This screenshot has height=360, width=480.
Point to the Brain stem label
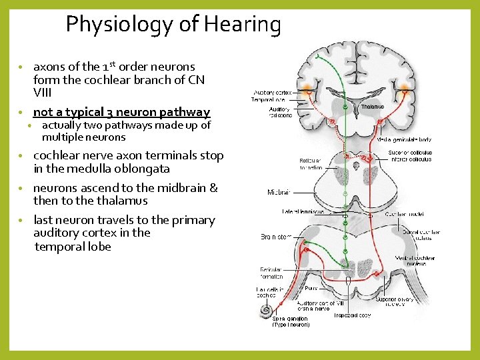[275, 237]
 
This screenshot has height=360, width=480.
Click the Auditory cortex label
[271, 93]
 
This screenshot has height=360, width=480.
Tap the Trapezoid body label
[352, 315]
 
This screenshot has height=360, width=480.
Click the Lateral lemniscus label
[303, 212]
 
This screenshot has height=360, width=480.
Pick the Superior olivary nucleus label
[394, 302]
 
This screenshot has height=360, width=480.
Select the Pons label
[311, 289]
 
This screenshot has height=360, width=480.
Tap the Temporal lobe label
[267, 100]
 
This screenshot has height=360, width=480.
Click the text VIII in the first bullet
[43, 92]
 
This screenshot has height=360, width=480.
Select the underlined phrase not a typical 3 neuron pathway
[121, 112]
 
